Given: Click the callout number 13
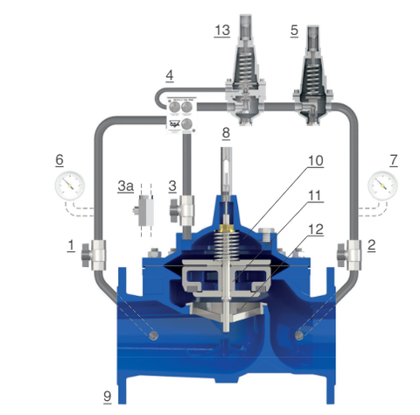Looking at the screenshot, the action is pyautogui.click(x=222, y=31).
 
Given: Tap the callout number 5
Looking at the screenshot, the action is pyautogui.click(x=294, y=31).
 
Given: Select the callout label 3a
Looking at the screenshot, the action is pyautogui.click(x=126, y=186).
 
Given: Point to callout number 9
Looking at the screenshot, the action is pyautogui.click(x=108, y=397).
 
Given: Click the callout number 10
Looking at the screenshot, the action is pyautogui.click(x=316, y=161).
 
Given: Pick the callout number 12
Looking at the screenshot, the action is pyautogui.click(x=316, y=229).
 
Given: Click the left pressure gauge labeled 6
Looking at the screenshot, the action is pyautogui.click(x=70, y=186).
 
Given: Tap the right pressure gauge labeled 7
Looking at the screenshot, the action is pyautogui.click(x=382, y=186).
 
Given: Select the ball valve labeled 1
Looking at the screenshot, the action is pyautogui.click(x=94, y=255).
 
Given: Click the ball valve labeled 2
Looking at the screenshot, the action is pyautogui.click(x=349, y=255).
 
